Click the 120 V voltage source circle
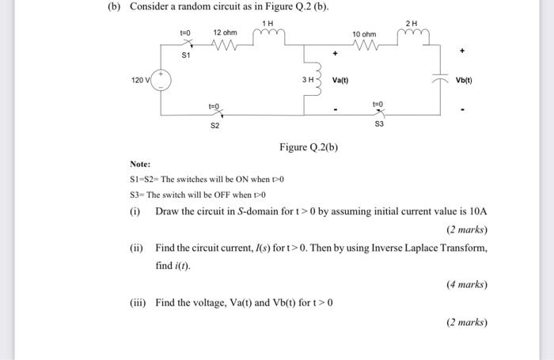coord(161,80)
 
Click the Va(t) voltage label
coord(340,80)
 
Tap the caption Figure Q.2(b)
coord(309,147)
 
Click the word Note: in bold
coord(140,165)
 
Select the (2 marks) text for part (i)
coord(466,229)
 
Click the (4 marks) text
coord(466,284)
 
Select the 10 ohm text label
coord(365,34)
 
